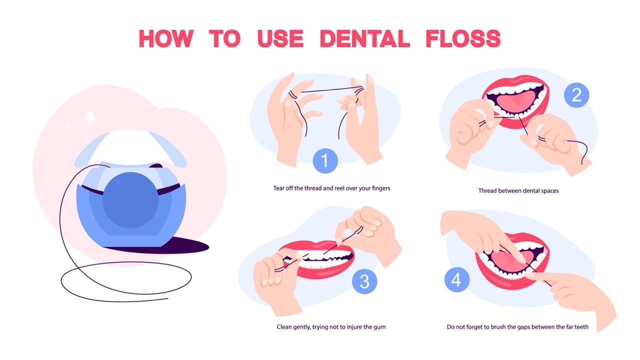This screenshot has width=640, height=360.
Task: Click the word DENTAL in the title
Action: (364, 38)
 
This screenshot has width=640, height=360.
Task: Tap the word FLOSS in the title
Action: (462, 38)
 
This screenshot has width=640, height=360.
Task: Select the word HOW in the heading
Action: (165, 38)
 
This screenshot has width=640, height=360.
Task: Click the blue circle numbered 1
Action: (325, 161)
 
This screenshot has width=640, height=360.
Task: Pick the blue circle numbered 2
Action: (576, 95)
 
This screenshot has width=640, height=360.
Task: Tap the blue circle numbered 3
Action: (364, 282)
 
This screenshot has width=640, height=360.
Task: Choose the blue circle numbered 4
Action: (456, 280)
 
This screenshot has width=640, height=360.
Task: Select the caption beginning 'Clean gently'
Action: (331, 327)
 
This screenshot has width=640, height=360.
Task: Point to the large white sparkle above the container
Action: (90, 118)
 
